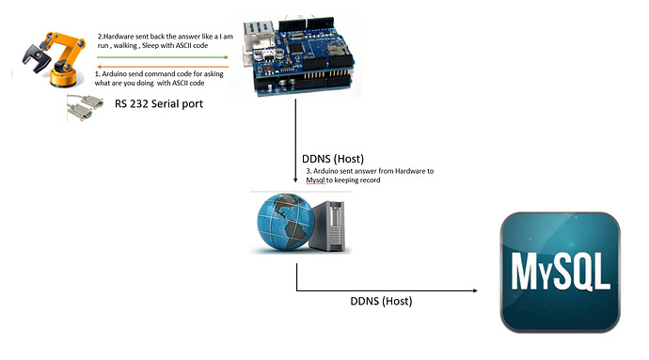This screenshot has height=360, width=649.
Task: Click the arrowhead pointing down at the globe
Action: pyautogui.click(x=297, y=180)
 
